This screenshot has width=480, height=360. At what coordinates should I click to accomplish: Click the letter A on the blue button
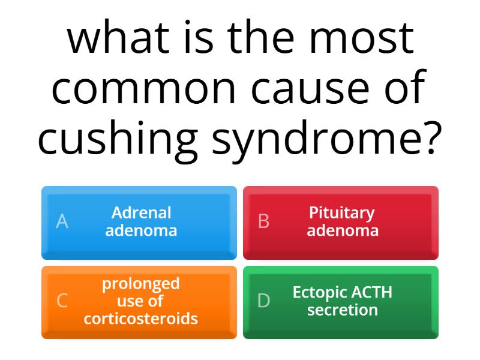[62, 222]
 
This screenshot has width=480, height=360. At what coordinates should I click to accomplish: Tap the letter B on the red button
[263, 222]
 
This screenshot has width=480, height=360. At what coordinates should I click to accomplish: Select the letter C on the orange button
[62, 301]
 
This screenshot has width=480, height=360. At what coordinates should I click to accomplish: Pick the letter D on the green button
[263, 301]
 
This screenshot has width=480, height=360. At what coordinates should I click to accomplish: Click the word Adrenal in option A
[141, 213]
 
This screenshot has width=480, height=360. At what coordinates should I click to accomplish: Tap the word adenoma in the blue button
[141, 230]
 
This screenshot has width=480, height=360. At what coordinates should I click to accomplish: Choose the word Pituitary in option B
[342, 213]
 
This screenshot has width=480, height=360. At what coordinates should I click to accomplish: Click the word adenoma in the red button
[343, 230]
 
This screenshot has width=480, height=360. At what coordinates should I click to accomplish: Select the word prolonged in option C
[141, 283]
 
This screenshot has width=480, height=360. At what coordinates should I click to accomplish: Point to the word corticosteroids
[141, 319]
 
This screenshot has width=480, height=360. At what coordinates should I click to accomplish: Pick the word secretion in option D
[343, 310]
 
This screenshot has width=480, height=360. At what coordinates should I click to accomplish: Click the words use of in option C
[141, 301]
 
